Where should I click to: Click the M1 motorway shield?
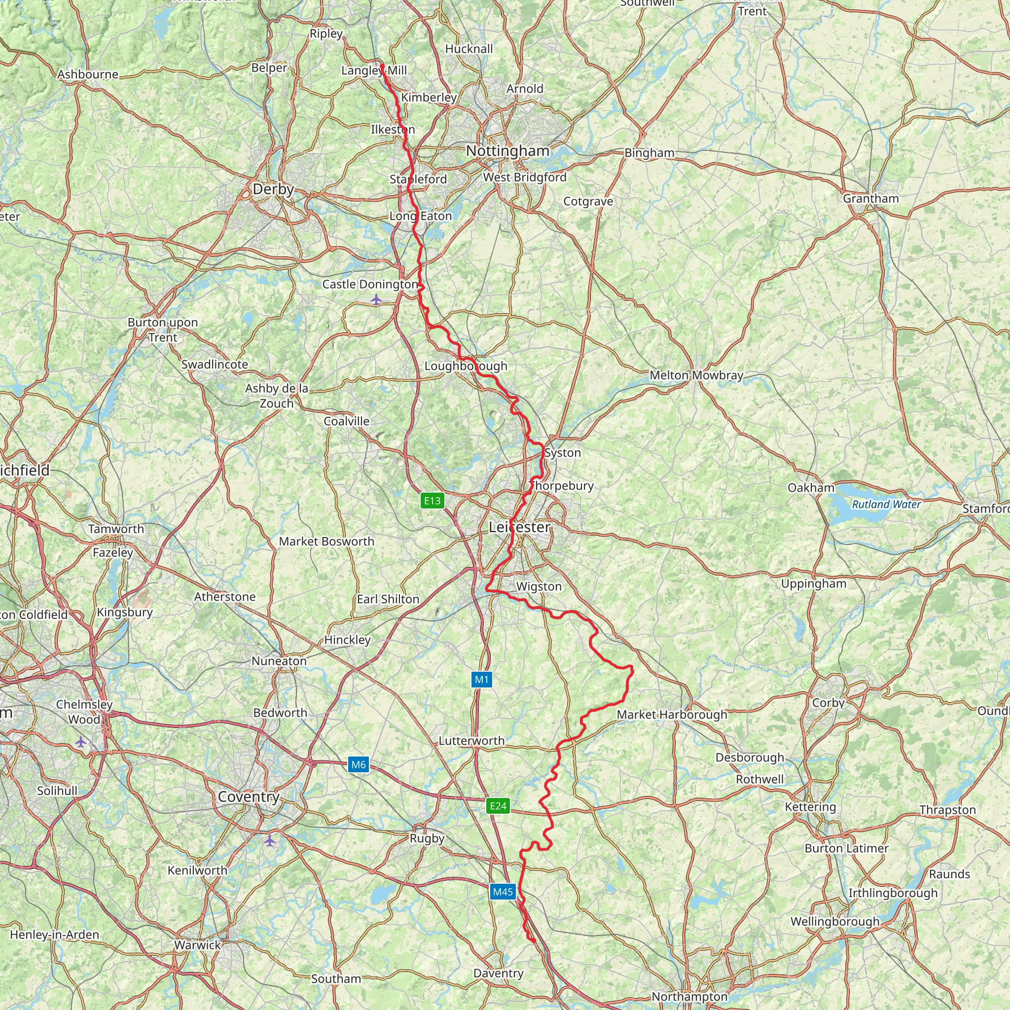point(481,680)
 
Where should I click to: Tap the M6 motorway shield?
point(358,765)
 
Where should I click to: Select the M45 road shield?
point(503,892)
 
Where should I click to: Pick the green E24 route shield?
point(498,806)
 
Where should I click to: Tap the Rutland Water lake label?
point(886,505)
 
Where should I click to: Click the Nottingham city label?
point(507,151)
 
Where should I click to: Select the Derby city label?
point(273,189)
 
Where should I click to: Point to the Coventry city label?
point(249,797)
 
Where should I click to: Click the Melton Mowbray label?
point(696,375)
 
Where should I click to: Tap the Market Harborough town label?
point(672,715)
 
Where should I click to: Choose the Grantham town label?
point(870,199)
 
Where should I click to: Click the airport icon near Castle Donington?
point(376,299)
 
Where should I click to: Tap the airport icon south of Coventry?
point(269,841)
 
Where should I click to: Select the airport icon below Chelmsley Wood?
point(80,742)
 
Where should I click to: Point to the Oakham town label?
point(811,488)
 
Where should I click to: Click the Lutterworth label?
point(471,741)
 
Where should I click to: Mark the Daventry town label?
point(498,974)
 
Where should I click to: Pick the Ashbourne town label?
point(88,74)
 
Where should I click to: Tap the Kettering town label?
point(810,807)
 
